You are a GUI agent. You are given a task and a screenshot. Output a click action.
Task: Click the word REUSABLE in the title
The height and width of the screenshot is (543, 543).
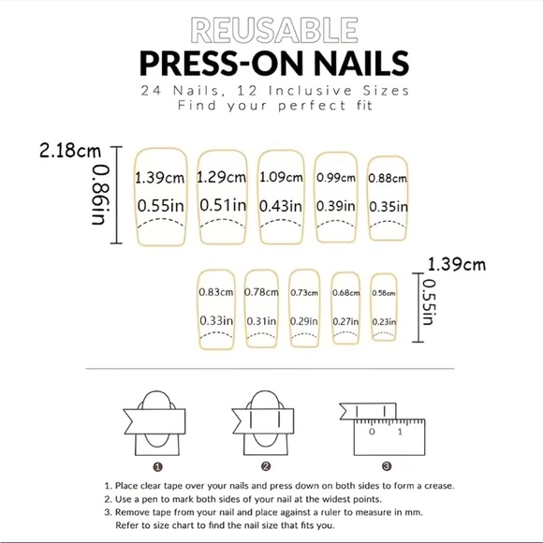[x=271, y=30]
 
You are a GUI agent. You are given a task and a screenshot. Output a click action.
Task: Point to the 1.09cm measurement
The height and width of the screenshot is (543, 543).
[x=281, y=176]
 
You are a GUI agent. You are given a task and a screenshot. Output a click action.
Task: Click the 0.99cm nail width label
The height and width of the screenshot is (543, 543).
[x=335, y=177]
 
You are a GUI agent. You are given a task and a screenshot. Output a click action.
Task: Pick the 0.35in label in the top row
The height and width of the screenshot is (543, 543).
[x=387, y=206]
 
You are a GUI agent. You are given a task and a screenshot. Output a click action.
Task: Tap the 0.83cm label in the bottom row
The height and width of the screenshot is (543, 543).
[x=215, y=292]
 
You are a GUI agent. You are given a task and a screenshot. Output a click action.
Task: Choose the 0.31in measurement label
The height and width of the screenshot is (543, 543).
[x=261, y=321]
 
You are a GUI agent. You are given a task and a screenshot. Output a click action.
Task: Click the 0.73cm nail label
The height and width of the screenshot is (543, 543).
[x=305, y=293]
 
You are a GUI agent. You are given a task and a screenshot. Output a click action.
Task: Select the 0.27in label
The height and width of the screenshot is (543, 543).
[x=346, y=321]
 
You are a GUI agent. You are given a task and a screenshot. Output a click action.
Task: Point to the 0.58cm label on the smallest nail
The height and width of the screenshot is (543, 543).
[x=383, y=293]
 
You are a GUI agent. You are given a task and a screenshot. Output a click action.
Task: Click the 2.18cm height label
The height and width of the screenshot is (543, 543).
[x=70, y=150]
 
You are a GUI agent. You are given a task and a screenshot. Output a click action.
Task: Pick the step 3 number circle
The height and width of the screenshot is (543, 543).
[x=386, y=466]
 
